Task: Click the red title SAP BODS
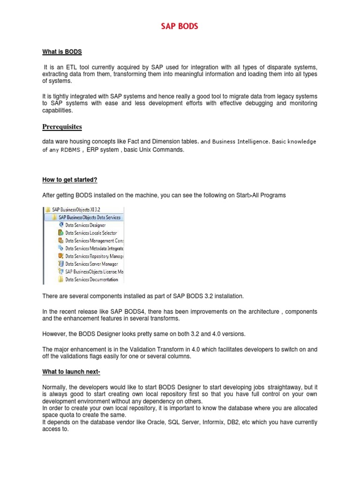tap(180, 27)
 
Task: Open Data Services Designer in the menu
tap(85, 225)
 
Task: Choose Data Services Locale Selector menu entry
tap(91, 233)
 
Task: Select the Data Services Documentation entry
tap(91, 279)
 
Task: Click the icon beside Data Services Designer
tap(60, 225)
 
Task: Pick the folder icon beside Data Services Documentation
tap(60, 279)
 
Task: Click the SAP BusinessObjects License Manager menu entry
tap(94, 271)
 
